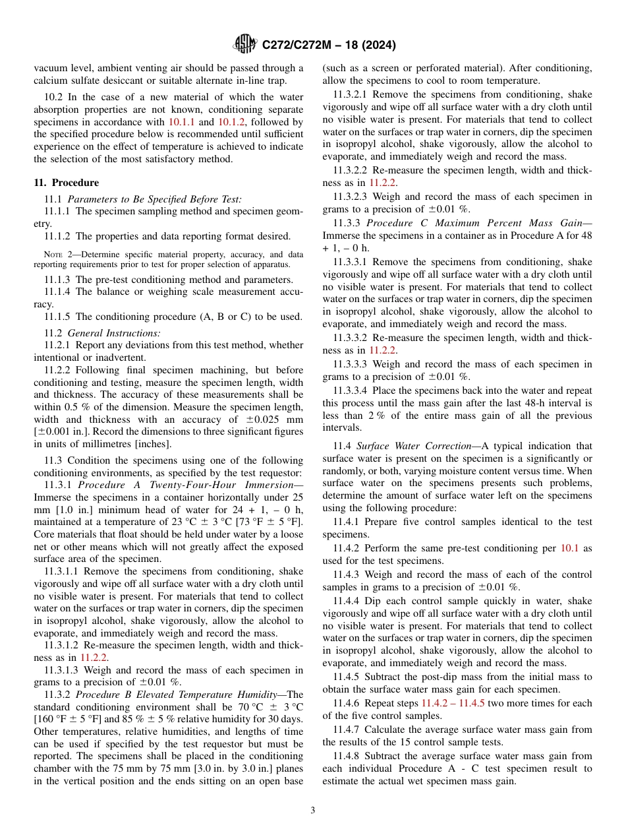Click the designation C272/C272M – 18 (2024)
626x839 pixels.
coord(329,46)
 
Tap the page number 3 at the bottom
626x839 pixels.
coord(313,810)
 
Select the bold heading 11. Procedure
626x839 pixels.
coord(66,183)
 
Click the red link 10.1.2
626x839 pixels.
coord(231,122)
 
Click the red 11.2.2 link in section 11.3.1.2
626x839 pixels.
coord(94,657)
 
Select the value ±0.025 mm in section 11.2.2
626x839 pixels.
coord(277,419)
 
